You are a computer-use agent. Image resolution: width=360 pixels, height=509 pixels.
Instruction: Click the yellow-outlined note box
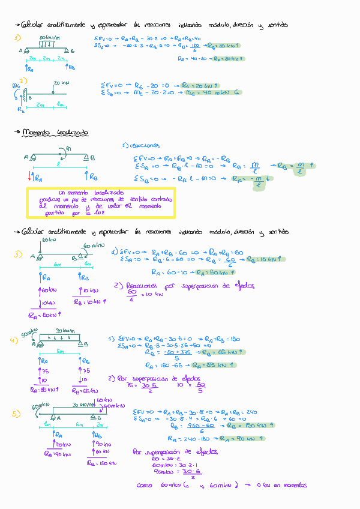tap(100, 203)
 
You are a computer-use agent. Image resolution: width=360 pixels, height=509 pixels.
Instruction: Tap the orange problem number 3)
tap(18, 254)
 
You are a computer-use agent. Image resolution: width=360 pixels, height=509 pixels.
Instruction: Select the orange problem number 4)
tap(14, 342)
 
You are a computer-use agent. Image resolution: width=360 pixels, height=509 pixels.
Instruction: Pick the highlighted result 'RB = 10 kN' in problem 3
tap(266, 259)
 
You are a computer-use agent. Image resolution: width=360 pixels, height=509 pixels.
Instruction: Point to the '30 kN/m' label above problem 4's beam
tap(64, 331)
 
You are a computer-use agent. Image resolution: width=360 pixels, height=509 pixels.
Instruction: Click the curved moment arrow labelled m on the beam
tap(67, 150)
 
